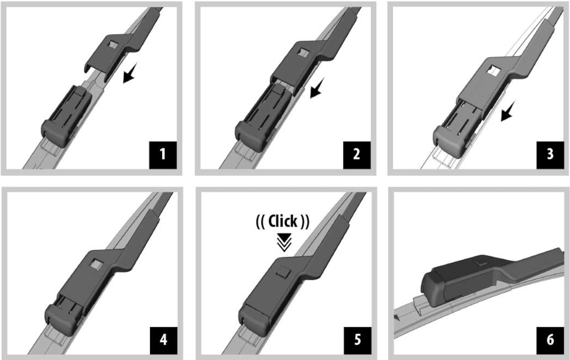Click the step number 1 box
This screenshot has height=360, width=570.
pyautogui.click(x=163, y=155)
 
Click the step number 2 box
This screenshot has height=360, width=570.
pyautogui.click(x=357, y=155)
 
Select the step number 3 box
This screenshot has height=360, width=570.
pyautogui.click(x=550, y=155)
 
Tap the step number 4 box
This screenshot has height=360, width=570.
pyautogui.click(x=163, y=341)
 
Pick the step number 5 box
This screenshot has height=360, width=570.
pyautogui.click(x=358, y=341)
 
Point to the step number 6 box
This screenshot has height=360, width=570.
pyautogui.click(x=550, y=341)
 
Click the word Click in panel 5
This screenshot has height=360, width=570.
pyautogui.click(x=283, y=221)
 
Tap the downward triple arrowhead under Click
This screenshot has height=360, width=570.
pyautogui.click(x=284, y=242)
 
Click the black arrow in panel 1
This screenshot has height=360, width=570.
pyautogui.click(x=130, y=73)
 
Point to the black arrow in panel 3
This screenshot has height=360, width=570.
pyautogui.click(x=508, y=111)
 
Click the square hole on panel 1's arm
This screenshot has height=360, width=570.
pyautogui.click(x=113, y=45)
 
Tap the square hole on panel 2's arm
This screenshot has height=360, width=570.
pyautogui.click(x=304, y=52)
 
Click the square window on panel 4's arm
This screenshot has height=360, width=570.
pyautogui.click(x=96, y=265)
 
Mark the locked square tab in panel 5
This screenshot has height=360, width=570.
pyautogui.click(x=283, y=272)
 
